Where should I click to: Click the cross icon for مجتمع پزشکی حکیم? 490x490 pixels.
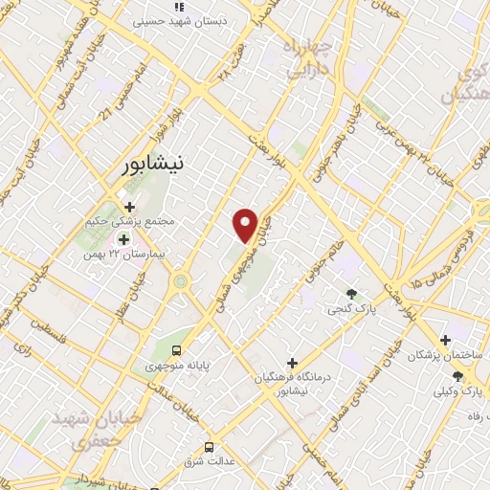point(129,206)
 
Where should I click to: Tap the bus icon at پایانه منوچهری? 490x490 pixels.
point(177,349)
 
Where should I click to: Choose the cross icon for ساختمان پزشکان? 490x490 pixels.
point(445,340)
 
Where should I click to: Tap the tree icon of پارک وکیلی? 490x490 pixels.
point(457,376)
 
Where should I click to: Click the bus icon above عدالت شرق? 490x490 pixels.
point(209,448)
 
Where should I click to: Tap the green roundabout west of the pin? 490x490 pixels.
point(179,281)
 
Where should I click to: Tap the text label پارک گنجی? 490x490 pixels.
point(345,310)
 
